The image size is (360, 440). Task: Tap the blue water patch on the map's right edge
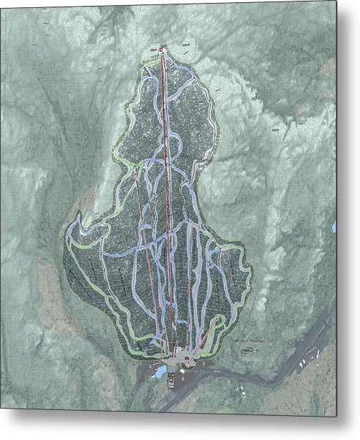334,227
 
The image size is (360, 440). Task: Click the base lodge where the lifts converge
179,355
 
